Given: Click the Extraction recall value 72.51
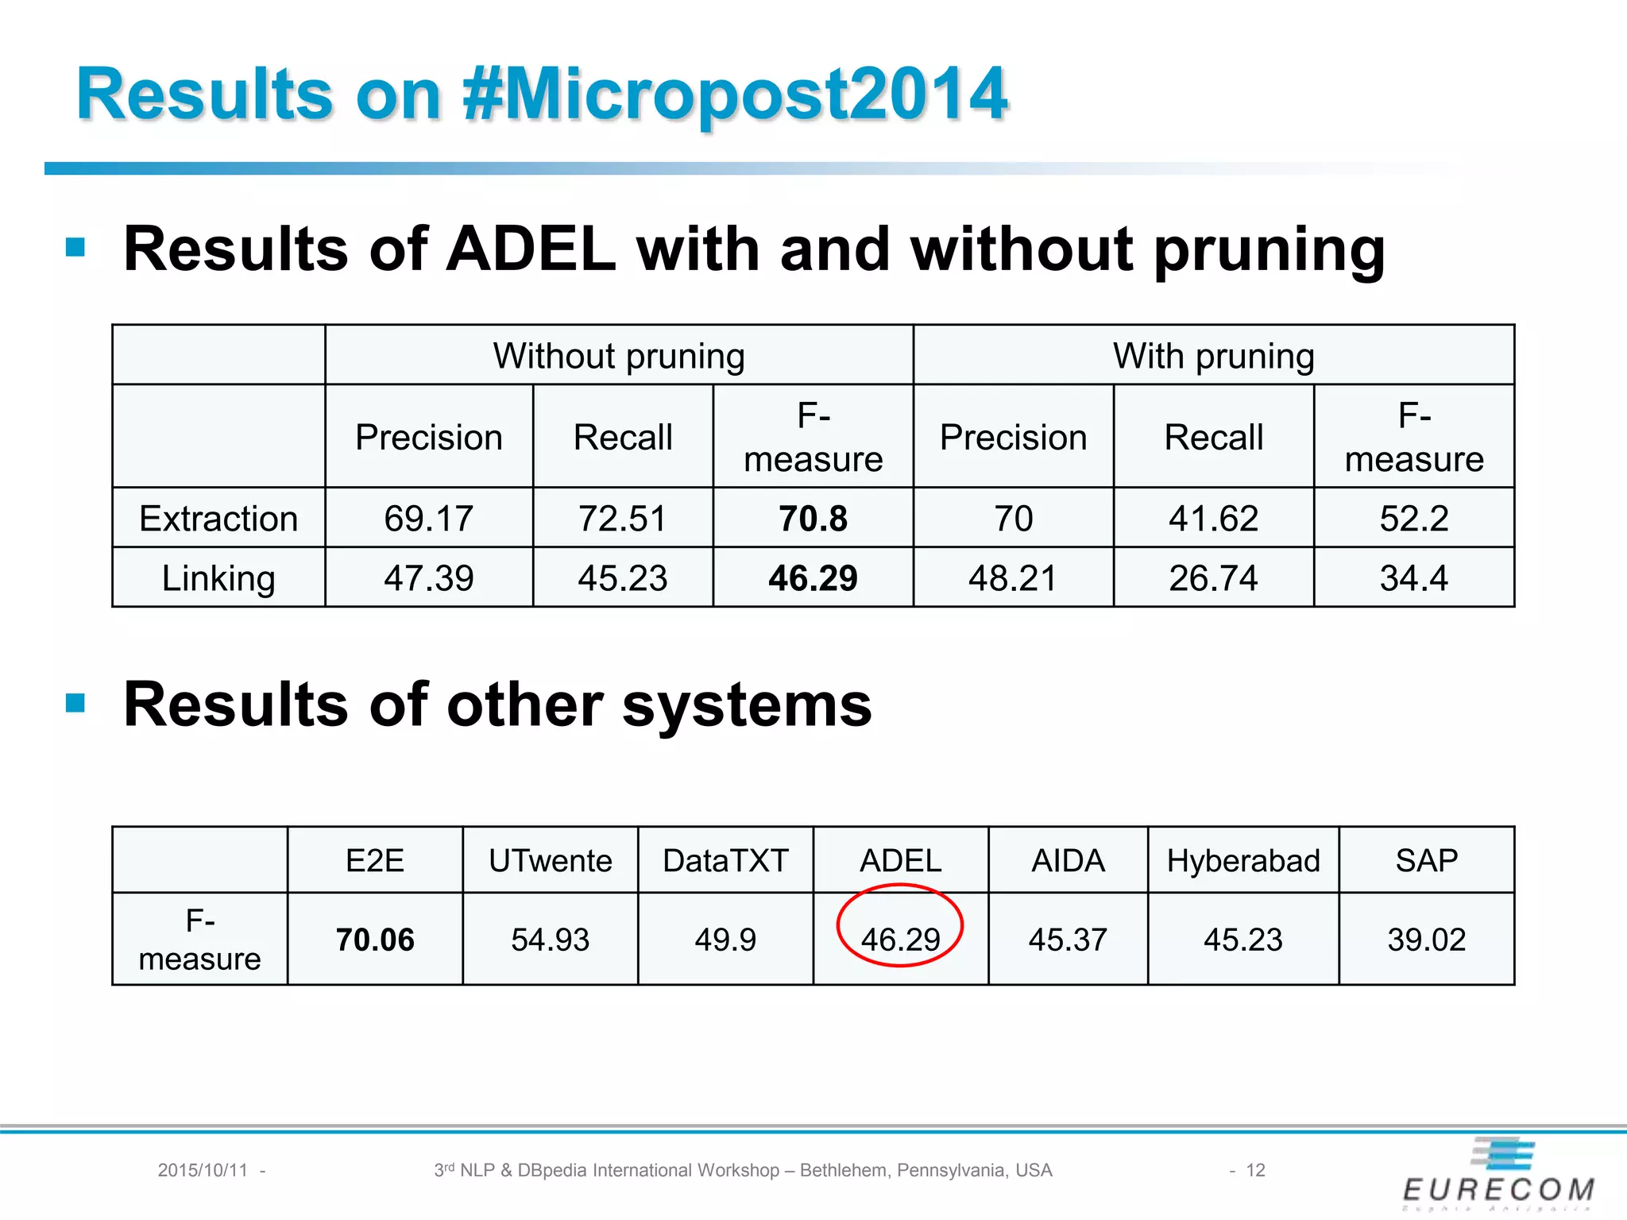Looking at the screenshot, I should pos(622,519).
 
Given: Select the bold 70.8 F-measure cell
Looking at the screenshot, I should pos(813,519).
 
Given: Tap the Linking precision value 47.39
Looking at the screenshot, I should pos(428,578).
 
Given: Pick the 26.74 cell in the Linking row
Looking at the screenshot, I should pos(1213,578).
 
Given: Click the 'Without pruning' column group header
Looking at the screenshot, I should pos(619,356).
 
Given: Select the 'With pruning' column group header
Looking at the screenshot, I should pos(1213,356).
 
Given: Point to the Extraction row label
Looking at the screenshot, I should pos(218,519).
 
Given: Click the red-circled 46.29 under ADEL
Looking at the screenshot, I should pos(900,940).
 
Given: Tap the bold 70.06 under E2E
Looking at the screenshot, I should pos(375,940).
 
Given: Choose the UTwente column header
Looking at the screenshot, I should pos(550,861).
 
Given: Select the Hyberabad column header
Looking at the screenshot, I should pos(1243,861).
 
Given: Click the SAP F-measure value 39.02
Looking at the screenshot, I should pos(1426,940).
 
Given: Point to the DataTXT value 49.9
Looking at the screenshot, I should pos(725,940).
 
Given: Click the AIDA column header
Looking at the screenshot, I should pos(1068,861).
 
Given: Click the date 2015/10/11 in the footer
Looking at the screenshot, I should pos(203,1170).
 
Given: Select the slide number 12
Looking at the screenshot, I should pos(1255,1170).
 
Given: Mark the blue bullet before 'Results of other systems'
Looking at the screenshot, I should pos(75,703).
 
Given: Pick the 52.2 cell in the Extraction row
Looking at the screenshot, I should pos(1414,519).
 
